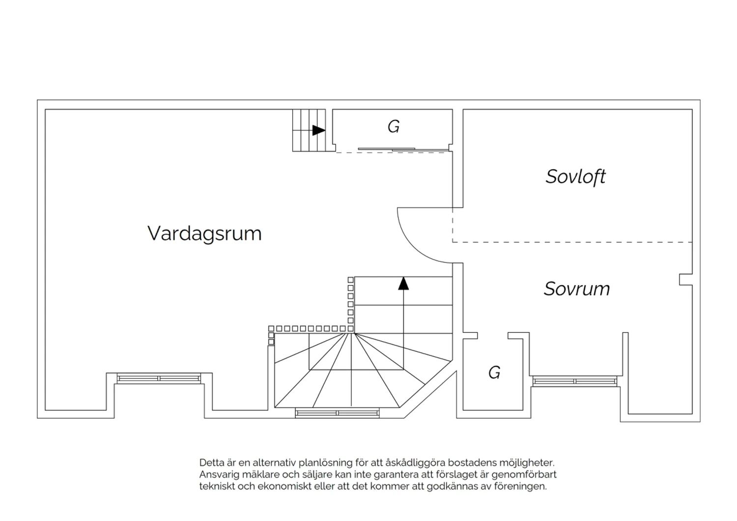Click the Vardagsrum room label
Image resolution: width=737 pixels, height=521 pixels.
point(204,233)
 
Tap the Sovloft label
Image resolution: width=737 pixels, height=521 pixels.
point(575,177)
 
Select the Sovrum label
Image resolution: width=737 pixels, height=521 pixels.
point(577,289)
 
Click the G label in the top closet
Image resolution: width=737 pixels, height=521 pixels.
point(394,126)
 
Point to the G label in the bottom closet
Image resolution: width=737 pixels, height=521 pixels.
point(494,372)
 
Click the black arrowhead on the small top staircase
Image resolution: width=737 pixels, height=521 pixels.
point(318,130)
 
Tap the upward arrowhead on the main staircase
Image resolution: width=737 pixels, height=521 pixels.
point(403,284)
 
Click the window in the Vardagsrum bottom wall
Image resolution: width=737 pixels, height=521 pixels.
point(159,378)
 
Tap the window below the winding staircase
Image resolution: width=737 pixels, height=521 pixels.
point(337,413)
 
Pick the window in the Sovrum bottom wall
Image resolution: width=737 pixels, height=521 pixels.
point(574,381)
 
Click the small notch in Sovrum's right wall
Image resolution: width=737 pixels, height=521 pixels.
point(686,280)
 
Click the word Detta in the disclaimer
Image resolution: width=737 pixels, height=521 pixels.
point(212,463)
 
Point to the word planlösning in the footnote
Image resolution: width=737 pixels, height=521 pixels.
point(325,463)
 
